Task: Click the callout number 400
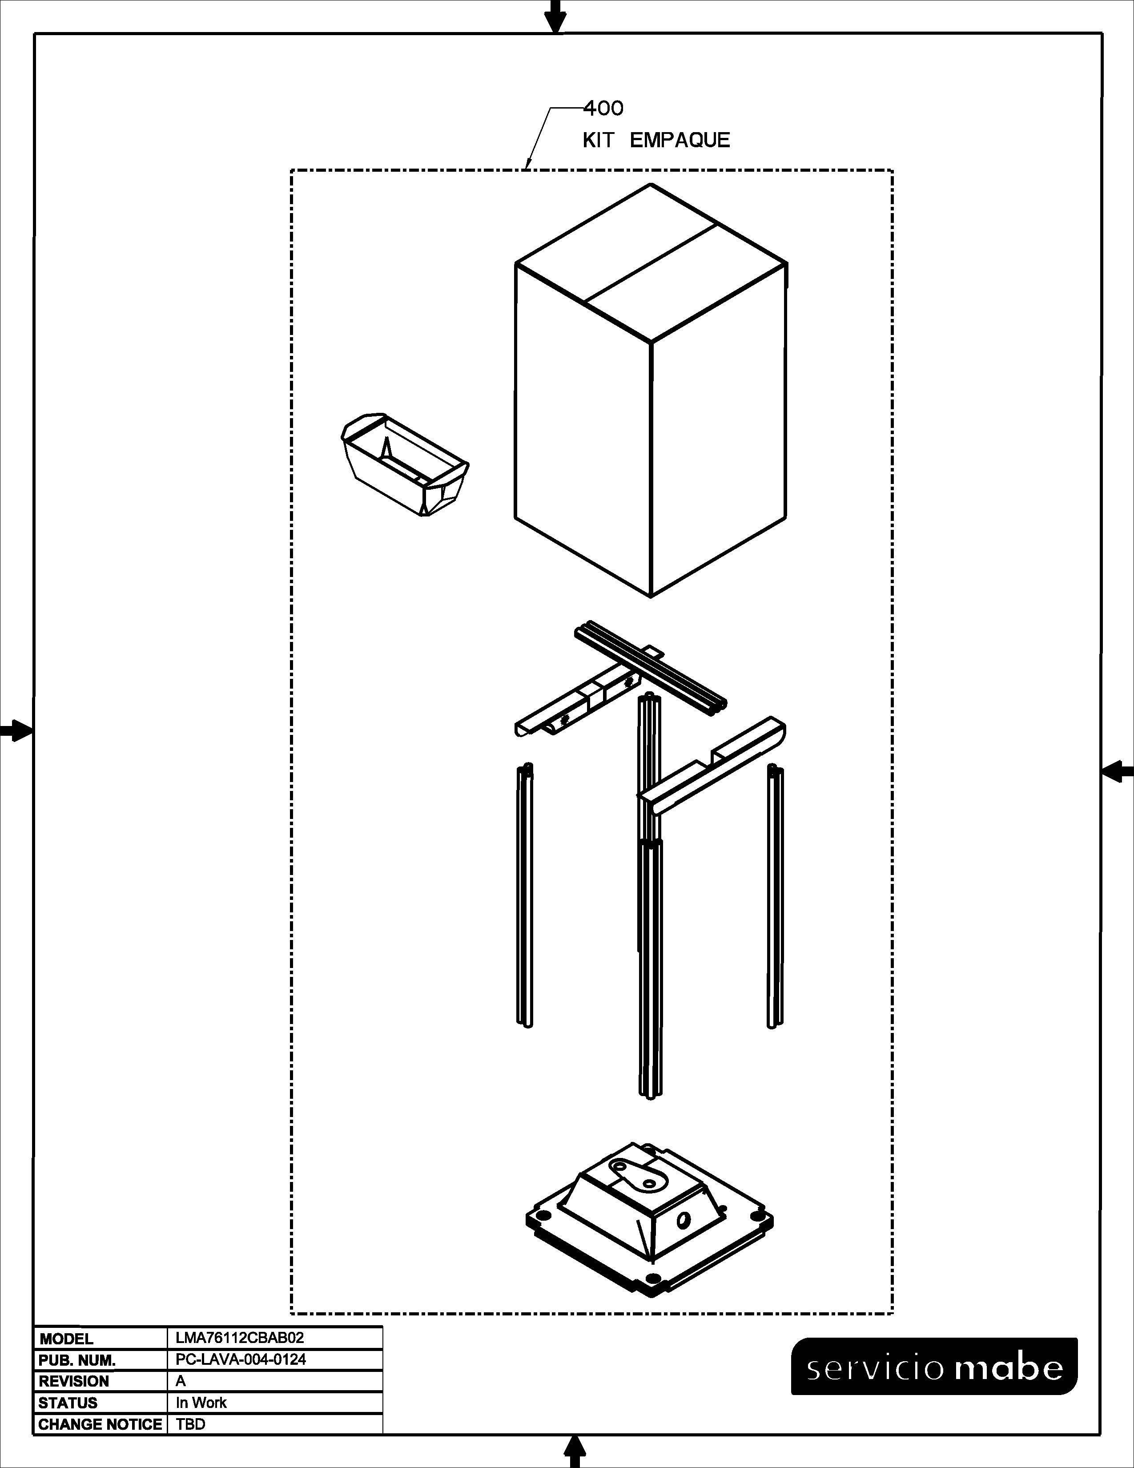click(x=603, y=108)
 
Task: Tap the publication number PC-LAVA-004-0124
click(x=241, y=1359)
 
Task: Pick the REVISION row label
click(x=74, y=1381)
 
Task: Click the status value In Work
click(x=201, y=1403)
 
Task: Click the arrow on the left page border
click(x=16, y=730)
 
